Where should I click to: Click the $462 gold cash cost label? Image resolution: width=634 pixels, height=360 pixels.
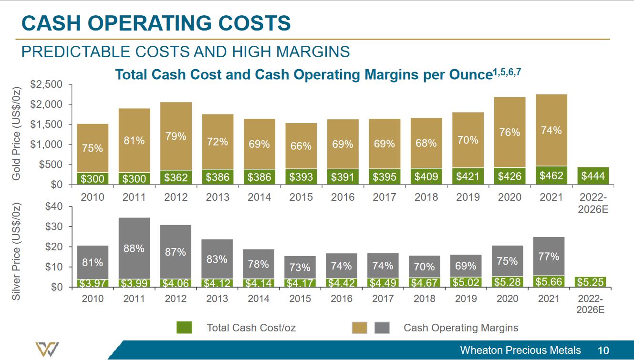coord(551,176)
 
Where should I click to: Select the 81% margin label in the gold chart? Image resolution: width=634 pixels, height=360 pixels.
coord(134,141)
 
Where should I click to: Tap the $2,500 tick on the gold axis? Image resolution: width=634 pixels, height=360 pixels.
coord(46,84)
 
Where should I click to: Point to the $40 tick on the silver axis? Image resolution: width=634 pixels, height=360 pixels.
coord(54,206)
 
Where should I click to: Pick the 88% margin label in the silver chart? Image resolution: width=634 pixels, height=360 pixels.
coord(134,248)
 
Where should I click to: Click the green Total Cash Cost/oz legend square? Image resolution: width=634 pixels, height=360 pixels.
coord(184,328)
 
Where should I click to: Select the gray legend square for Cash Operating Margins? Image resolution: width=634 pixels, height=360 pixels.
coord(382,328)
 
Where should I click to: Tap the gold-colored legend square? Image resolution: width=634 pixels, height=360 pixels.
coord(359,328)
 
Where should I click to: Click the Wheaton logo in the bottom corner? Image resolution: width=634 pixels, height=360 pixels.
coord(47,350)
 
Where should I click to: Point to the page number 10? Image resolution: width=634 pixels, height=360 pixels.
coord(603,350)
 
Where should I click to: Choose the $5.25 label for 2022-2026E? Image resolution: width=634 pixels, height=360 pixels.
coord(591,282)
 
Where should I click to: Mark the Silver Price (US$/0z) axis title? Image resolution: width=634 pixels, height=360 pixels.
coord(17,251)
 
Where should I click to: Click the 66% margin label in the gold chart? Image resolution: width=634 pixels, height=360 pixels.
coord(301,146)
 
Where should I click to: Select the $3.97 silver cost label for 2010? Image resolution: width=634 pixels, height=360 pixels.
coord(92,284)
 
